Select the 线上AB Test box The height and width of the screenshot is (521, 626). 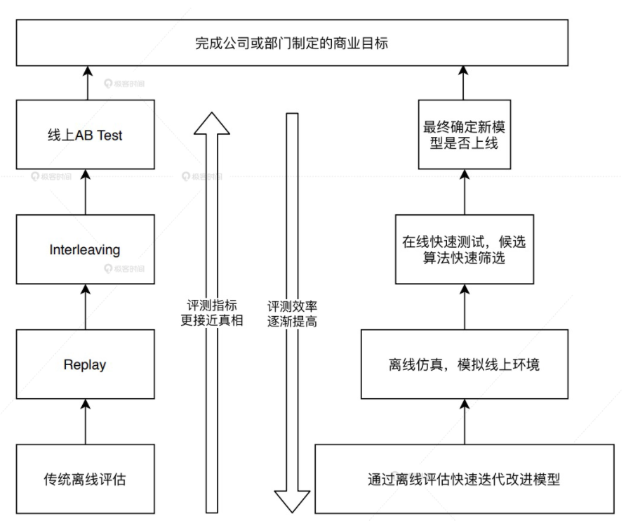[x=85, y=135]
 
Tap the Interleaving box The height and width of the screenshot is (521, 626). [x=85, y=249]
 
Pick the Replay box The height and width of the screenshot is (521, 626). [x=85, y=364]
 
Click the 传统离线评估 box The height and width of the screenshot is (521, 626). [x=85, y=480]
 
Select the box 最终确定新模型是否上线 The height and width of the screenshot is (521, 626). [x=463, y=135]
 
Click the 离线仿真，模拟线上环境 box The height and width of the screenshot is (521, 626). [x=463, y=364]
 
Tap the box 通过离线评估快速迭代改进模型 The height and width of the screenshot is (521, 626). [x=463, y=480]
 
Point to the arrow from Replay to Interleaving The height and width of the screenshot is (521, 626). [x=85, y=308]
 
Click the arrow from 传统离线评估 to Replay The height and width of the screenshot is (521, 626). [x=85, y=422]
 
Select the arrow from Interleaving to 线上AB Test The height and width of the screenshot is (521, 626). [x=85, y=192]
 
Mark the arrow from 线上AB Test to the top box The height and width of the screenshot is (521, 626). [x=85, y=83]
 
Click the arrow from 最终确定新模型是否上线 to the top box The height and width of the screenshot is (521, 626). [x=463, y=83]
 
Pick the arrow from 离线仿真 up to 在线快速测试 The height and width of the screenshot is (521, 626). [x=463, y=308]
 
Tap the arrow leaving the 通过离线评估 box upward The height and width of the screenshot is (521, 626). [x=463, y=421]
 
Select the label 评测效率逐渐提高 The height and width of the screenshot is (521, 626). [x=293, y=314]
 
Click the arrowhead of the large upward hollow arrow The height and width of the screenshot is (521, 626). [x=212, y=123]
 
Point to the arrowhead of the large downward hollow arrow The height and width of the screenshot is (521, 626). [x=293, y=500]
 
